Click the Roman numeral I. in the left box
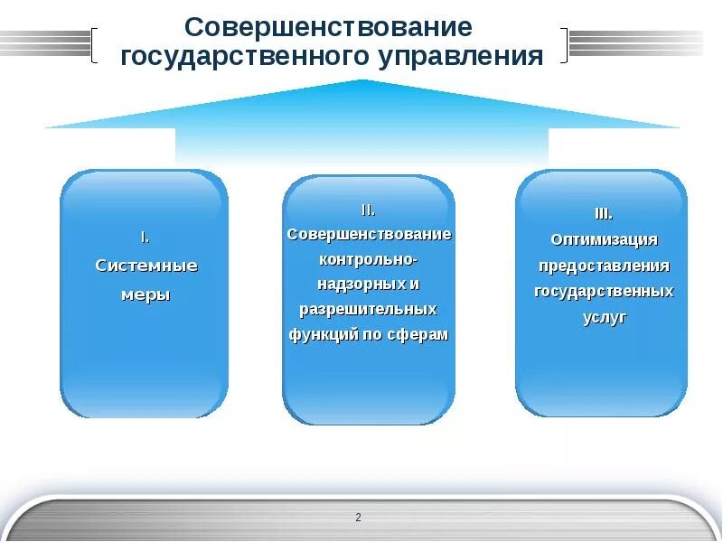[x=145, y=238]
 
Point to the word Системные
[x=146, y=266]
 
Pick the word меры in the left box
[x=146, y=294]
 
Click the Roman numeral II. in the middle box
[x=368, y=210]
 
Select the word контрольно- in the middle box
[x=368, y=259]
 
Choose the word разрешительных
[x=368, y=309]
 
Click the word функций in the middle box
[x=323, y=334]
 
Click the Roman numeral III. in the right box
[x=603, y=214]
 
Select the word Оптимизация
[x=604, y=239]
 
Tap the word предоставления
[x=604, y=266]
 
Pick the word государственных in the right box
[x=604, y=292]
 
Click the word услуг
[x=604, y=318]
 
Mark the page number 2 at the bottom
[x=359, y=518]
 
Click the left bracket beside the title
[x=94, y=44]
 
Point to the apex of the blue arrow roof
[x=362, y=82]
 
